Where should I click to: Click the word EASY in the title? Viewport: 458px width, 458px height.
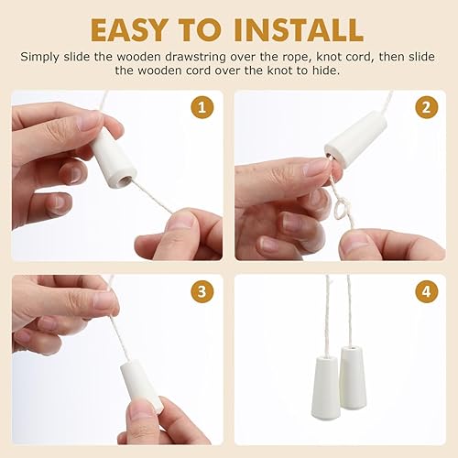tap(128, 30)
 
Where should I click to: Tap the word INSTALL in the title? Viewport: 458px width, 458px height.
tap(299, 30)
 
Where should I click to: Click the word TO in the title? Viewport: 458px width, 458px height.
tap(200, 30)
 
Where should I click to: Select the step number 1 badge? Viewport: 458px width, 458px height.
tap(202, 107)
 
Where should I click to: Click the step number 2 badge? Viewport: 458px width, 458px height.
tap(427, 107)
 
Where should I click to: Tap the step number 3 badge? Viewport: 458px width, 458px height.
tap(202, 291)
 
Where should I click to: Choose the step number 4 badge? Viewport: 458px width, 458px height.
tap(427, 291)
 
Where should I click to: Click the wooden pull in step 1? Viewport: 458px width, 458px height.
tap(114, 158)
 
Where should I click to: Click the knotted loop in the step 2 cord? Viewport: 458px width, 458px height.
tap(341, 208)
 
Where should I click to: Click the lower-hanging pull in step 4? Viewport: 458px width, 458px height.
tap(326, 387)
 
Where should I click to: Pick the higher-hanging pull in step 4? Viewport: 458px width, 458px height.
tap(354, 377)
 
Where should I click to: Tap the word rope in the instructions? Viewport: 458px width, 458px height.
tap(297, 58)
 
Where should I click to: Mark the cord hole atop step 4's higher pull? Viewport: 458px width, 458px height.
tap(353, 348)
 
